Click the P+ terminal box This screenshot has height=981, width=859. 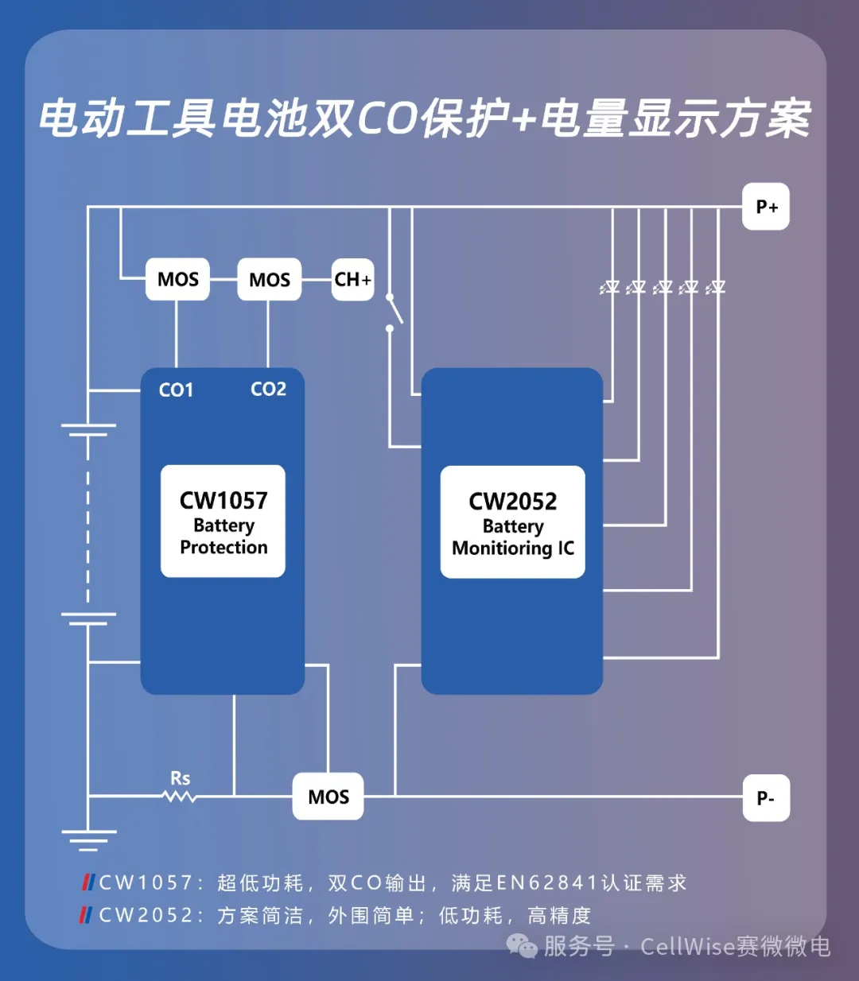coord(765,207)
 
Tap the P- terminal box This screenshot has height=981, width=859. coord(765,797)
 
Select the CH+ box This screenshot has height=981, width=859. coord(352,279)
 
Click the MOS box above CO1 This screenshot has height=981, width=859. coord(177,279)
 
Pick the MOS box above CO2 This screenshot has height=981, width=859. coord(269,279)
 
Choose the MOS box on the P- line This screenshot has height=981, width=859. coord(328,797)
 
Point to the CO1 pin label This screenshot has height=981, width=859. coord(176,390)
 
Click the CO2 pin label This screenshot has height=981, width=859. coord(268,389)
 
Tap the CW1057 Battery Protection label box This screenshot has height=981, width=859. coord(223,521)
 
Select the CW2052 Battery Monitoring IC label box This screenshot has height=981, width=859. coord(512,522)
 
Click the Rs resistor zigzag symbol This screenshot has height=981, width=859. coord(180,795)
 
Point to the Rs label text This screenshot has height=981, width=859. coord(181,777)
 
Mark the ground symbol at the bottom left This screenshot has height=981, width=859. coord(88,839)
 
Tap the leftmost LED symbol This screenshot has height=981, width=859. coord(610,287)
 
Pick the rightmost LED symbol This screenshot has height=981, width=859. coord(716,287)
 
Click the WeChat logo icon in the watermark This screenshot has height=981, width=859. coord(522,946)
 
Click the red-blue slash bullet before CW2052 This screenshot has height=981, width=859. coord(86,915)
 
